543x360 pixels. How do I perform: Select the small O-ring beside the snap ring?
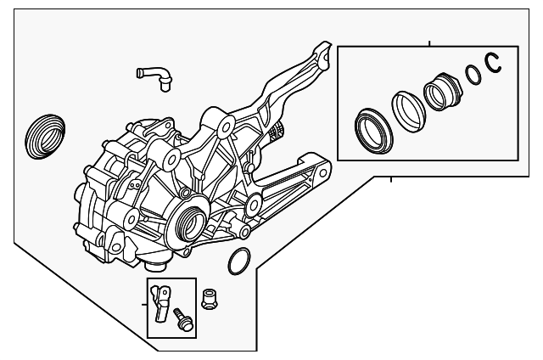pyautogui.click(x=474, y=76)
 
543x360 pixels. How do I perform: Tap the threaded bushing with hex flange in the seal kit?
pyautogui.click(x=441, y=91)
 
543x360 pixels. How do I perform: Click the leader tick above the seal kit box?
pyautogui.click(x=430, y=42)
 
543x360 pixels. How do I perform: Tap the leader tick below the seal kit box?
pyautogui.click(x=390, y=179)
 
